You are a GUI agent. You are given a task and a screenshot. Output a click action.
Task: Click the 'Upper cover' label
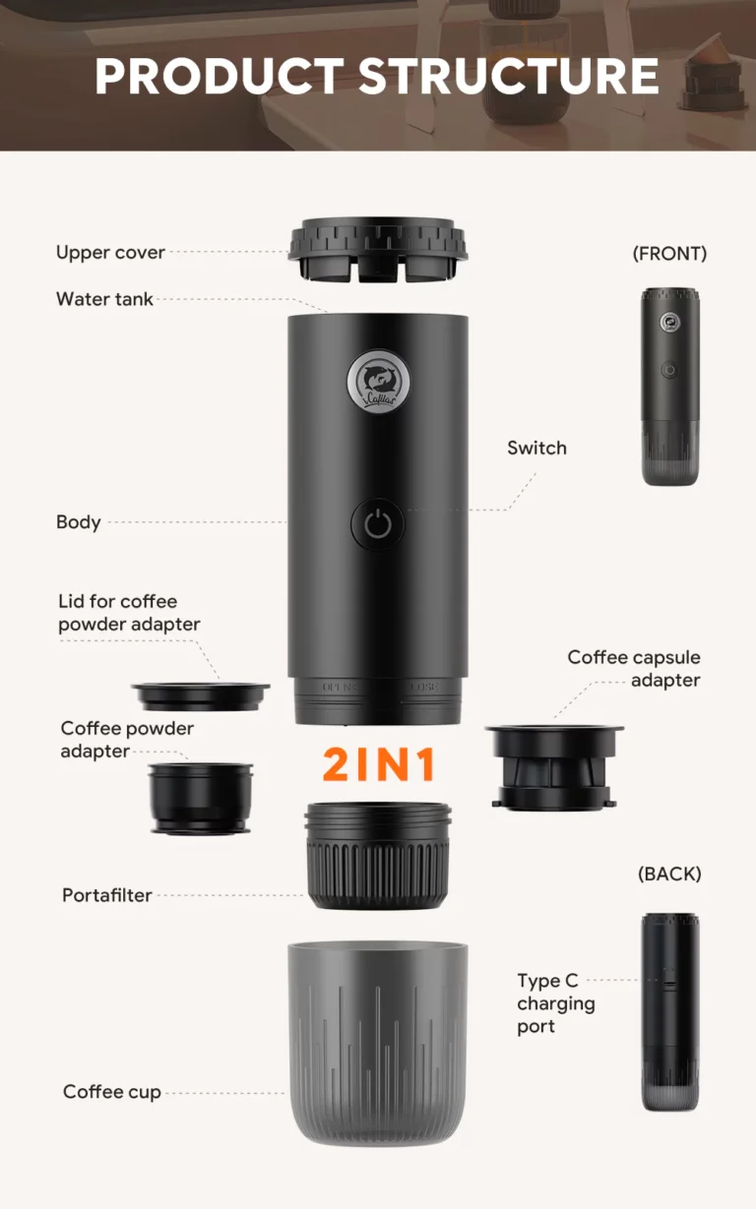110,253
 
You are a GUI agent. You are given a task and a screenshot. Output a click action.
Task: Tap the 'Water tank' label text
104,299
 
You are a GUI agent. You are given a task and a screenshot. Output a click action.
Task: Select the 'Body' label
79,522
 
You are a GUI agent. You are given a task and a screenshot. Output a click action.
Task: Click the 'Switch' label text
536,448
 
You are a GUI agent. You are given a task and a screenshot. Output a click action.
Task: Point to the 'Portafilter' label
107,895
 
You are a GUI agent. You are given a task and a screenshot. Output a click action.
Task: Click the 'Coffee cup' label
112,1092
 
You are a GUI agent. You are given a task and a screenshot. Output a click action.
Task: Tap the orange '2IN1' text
379,764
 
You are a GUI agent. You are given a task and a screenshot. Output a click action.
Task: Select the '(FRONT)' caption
669,253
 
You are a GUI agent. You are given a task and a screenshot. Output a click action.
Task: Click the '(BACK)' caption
669,874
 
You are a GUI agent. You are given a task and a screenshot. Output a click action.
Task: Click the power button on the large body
378,524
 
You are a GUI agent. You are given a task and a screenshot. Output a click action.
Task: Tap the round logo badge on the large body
378,381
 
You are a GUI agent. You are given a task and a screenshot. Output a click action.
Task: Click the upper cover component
378,250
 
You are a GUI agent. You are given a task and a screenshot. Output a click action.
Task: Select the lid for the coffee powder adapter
201,696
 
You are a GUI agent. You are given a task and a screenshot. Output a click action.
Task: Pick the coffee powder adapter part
201,798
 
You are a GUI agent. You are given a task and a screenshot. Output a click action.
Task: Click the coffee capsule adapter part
554,768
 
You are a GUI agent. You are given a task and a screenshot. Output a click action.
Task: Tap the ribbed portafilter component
378,856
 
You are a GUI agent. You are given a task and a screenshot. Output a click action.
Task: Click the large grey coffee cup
378,1045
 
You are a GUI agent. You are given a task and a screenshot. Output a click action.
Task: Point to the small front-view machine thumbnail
670,387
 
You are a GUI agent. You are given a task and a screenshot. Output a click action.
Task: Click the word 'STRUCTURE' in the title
509,76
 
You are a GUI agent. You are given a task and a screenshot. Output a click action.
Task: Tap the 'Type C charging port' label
555,1004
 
